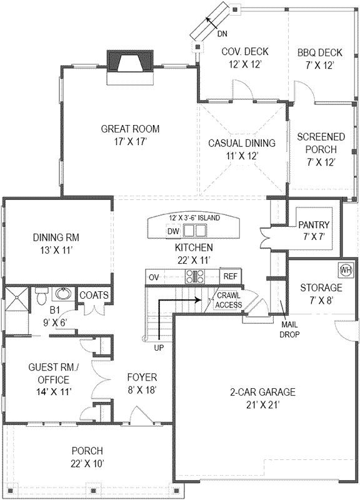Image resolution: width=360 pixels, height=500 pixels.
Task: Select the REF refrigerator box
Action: click(230, 276)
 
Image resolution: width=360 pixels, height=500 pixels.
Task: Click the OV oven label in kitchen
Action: click(154, 276)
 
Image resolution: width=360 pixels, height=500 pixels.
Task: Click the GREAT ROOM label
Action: click(130, 129)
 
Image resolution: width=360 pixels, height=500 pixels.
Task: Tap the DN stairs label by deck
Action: click(222, 34)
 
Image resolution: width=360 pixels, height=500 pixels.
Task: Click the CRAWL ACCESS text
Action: click(229, 301)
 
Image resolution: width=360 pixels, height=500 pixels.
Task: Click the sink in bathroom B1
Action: click(63, 293)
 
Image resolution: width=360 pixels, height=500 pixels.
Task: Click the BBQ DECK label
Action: click(317, 52)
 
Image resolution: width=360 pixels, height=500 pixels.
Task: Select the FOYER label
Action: click(142, 377)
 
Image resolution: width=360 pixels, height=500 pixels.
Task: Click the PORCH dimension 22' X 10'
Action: click(87, 463)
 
